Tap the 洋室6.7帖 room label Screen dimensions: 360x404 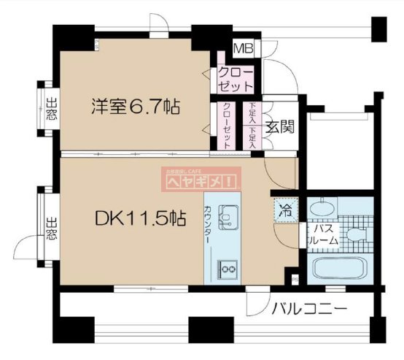click(x=136, y=107)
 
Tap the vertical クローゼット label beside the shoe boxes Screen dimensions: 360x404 click(x=227, y=126)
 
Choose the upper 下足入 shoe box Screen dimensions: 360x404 click(x=252, y=114)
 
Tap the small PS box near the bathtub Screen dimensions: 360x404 click(x=294, y=277)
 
